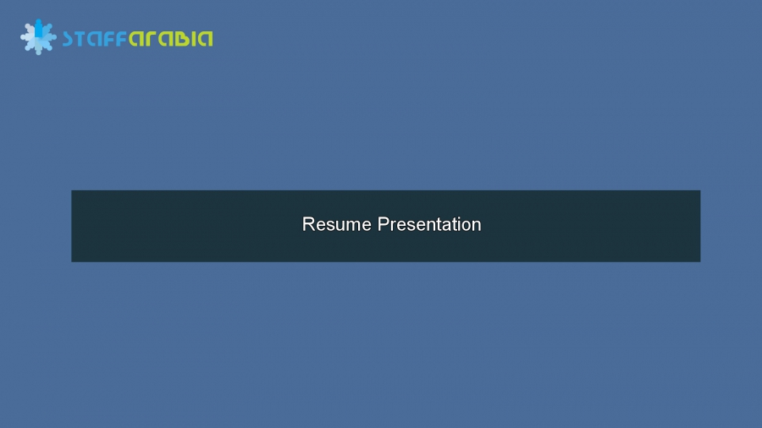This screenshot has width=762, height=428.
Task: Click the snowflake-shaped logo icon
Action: click(x=38, y=37)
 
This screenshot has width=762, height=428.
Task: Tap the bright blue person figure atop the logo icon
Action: click(x=38, y=26)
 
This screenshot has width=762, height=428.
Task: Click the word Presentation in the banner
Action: click(x=429, y=224)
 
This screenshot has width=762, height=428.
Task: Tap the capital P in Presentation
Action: click(x=383, y=224)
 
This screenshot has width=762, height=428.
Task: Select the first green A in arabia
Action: click(x=136, y=38)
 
